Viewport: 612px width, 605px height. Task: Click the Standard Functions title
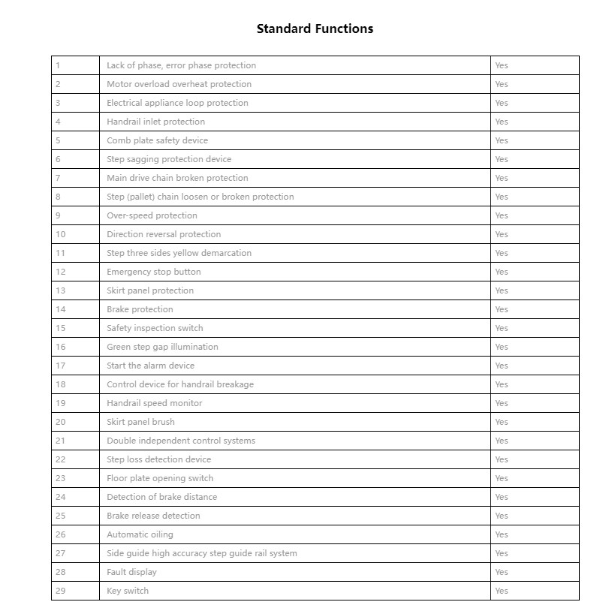[315, 29]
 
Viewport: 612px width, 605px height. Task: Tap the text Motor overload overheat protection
[179, 84]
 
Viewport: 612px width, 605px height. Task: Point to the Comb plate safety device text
[157, 140]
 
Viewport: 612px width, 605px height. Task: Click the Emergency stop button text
[153, 272]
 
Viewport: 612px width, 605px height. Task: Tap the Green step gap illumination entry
[162, 347]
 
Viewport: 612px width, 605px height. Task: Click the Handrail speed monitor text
[154, 403]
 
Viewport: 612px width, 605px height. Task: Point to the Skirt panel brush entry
[140, 422]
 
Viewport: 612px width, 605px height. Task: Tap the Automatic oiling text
[140, 534]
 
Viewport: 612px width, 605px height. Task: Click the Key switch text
[128, 591]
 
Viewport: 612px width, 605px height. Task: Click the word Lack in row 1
[116, 65]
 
